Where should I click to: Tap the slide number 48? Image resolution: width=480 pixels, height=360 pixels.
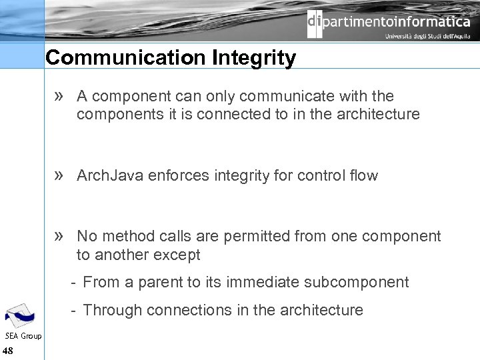tap(8, 351)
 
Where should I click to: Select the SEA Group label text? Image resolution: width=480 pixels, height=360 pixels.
tap(23, 336)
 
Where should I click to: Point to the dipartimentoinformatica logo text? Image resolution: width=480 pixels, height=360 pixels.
tap(389, 23)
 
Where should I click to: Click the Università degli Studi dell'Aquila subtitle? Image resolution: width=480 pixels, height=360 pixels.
tap(427, 37)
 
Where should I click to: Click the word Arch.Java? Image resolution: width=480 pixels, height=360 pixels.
tap(110, 176)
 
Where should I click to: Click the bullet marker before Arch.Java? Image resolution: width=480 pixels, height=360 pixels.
tap(59, 175)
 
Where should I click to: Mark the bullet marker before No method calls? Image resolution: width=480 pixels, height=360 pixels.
tap(59, 236)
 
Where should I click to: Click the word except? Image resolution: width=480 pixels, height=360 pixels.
tap(176, 255)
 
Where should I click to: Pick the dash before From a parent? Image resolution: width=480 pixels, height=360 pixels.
tap(73, 282)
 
